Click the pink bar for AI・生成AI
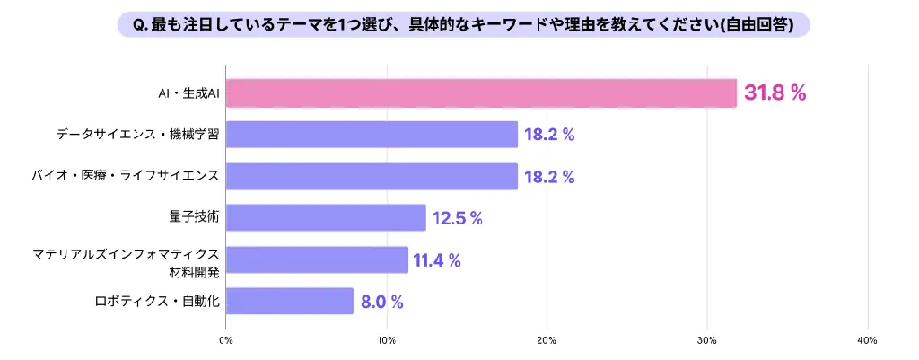tap(481, 93)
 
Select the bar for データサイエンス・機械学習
tap(372, 135)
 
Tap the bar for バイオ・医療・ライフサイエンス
tap(372, 176)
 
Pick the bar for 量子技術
tap(326, 217)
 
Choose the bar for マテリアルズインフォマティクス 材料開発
tap(317, 259)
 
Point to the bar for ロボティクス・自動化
tap(290, 301)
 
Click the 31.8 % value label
tap(775, 93)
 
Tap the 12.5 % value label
tap(458, 218)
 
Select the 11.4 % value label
tap(437, 260)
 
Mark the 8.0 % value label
tap(381, 302)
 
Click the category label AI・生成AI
tap(188, 93)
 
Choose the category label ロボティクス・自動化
tap(157, 301)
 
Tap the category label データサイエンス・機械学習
tap(136, 135)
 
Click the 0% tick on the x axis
tap(226, 340)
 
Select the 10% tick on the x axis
tap(387, 340)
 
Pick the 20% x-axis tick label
tap(547, 340)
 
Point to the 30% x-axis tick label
tap(707, 340)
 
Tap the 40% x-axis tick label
tap(867, 340)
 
